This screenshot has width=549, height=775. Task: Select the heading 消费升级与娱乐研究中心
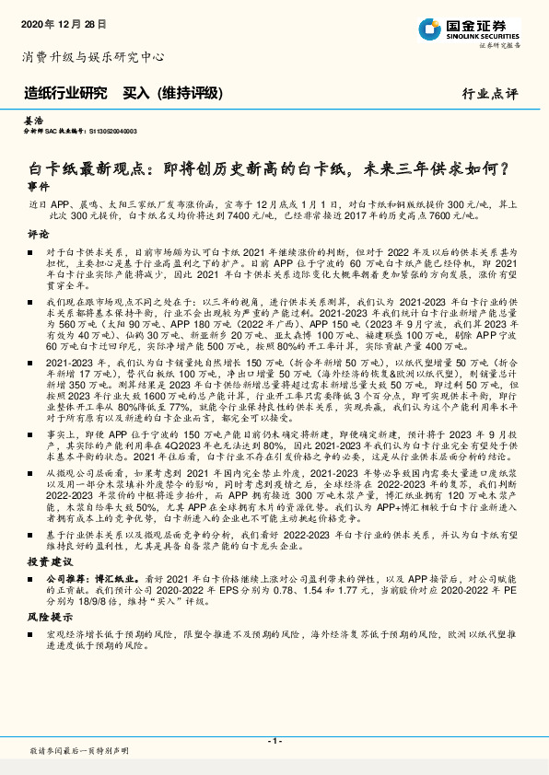pyautogui.click(x=92, y=57)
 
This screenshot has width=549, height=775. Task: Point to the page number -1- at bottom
pyautogui.click(x=274, y=740)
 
